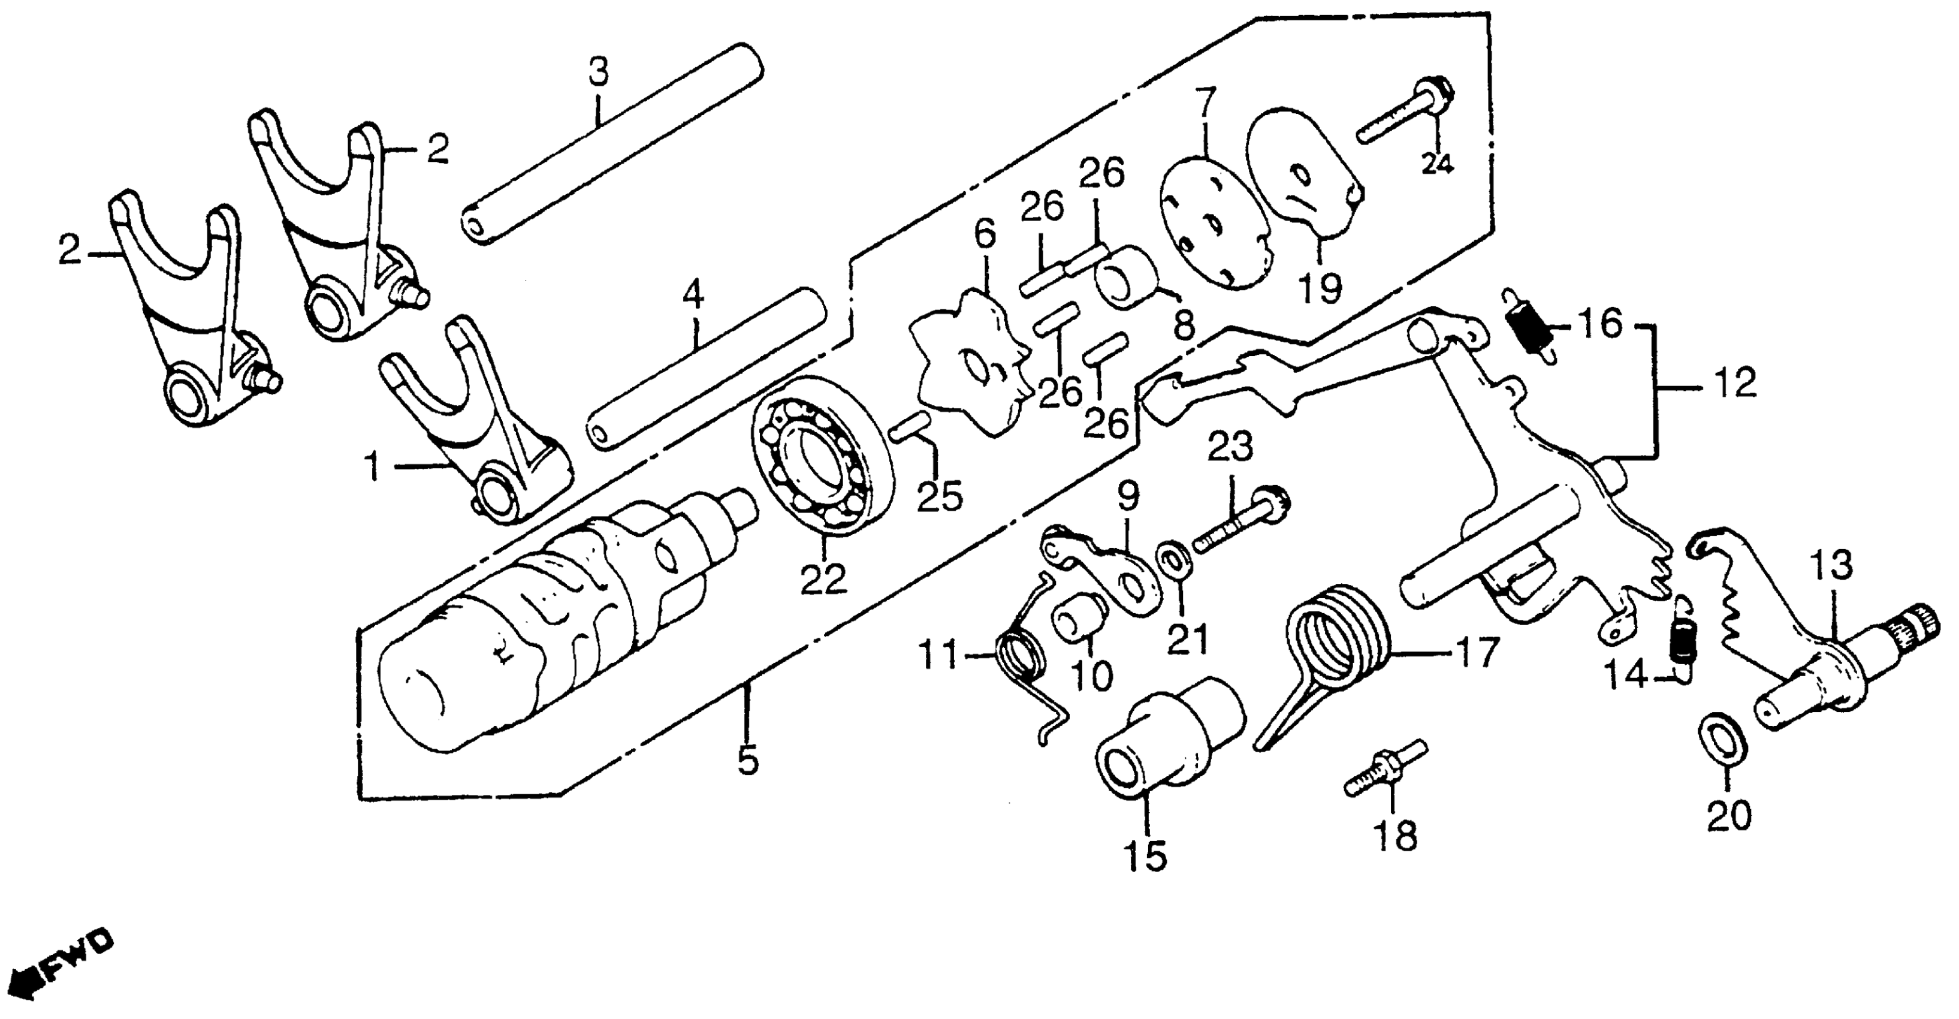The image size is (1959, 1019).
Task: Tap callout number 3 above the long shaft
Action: point(599,73)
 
